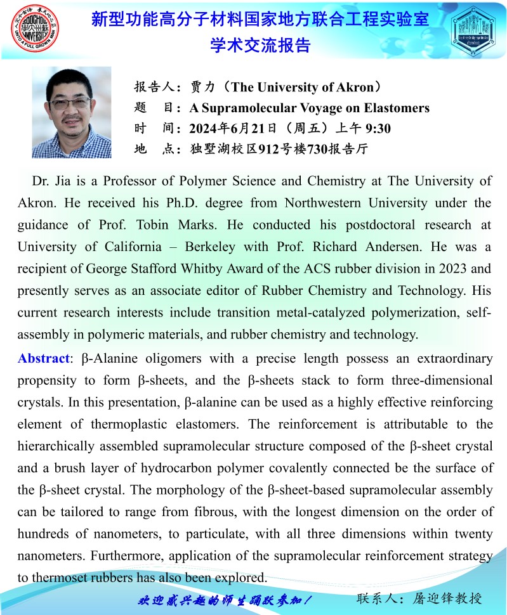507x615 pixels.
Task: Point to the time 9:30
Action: pos(378,129)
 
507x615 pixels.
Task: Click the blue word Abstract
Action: pos(43,358)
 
